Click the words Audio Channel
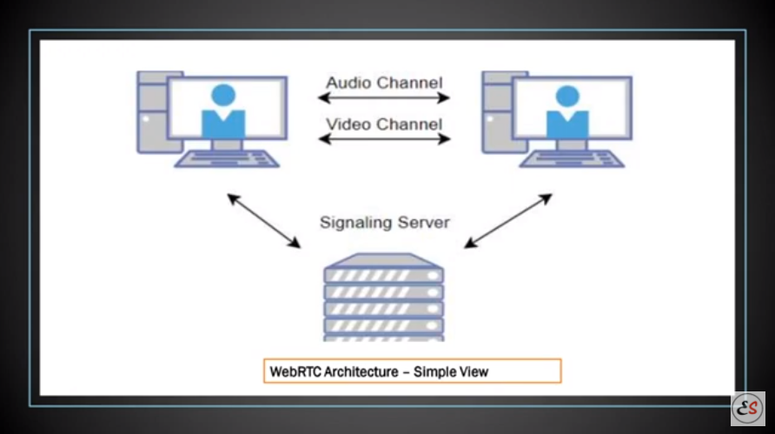(x=384, y=83)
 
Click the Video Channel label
(x=384, y=123)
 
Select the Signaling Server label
(x=384, y=222)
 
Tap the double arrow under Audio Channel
(x=384, y=99)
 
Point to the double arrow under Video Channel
(x=384, y=138)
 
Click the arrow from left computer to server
(x=263, y=221)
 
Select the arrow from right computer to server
(x=508, y=221)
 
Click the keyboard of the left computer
(x=227, y=158)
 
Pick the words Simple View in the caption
(x=451, y=371)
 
